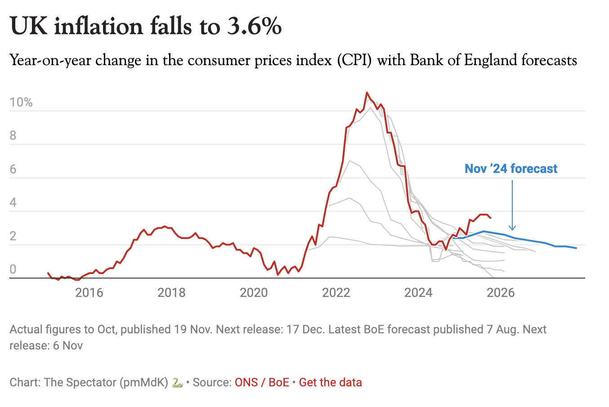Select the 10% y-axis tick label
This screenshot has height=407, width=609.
click(x=21, y=102)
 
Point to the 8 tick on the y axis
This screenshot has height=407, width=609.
click(x=13, y=136)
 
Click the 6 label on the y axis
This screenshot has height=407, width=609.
click(x=13, y=169)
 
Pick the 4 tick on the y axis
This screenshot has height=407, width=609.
click(x=13, y=203)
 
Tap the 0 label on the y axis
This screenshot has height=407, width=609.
click(x=13, y=270)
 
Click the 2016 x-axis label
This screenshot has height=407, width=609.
click(x=89, y=293)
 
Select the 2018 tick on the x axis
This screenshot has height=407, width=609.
click(x=171, y=293)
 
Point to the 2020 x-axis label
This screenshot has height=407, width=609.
click(x=254, y=293)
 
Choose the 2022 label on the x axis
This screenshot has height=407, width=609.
click(x=336, y=293)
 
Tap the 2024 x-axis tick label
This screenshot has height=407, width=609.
click(x=418, y=293)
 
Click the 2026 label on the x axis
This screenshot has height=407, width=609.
click(x=501, y=293)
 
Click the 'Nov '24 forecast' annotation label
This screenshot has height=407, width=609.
click(x=511, y=169)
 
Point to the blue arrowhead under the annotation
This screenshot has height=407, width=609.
click(x=512, y=228)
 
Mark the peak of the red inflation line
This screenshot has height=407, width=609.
click(x=367, y=93)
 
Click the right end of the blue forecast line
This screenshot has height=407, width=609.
click(x=576, y=248)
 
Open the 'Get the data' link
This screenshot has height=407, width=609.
click(x=330, y=383)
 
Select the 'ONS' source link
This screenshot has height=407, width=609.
click(x=246, y=383)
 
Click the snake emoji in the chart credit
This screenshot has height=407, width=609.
click(x=177, y=383)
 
